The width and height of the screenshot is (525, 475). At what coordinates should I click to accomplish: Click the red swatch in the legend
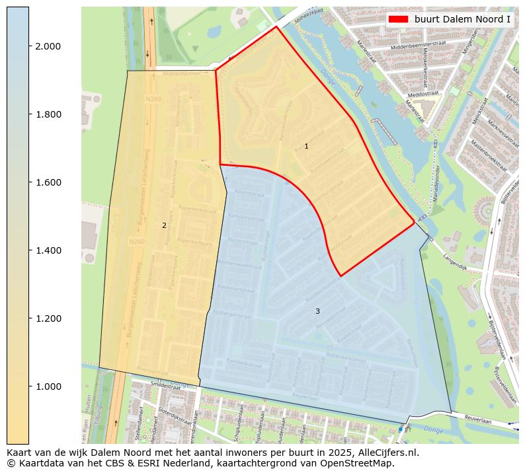tap(398, 19)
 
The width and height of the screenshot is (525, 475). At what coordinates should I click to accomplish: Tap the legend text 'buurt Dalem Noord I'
tap(462, 19)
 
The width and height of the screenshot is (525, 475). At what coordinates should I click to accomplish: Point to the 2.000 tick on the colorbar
tap(48, 46)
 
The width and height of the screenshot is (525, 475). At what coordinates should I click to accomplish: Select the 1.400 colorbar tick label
tap(48, 250)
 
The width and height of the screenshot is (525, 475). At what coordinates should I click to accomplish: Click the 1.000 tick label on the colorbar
tap(48, 386)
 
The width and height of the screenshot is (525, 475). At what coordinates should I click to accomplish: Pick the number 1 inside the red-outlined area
tap(306, 146)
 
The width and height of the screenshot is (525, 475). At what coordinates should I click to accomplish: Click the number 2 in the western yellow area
tap(164, 225)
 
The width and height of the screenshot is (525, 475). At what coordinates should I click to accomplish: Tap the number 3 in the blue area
tap(317, 311)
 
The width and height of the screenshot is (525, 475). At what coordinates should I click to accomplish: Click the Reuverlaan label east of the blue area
tap(479, 418)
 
